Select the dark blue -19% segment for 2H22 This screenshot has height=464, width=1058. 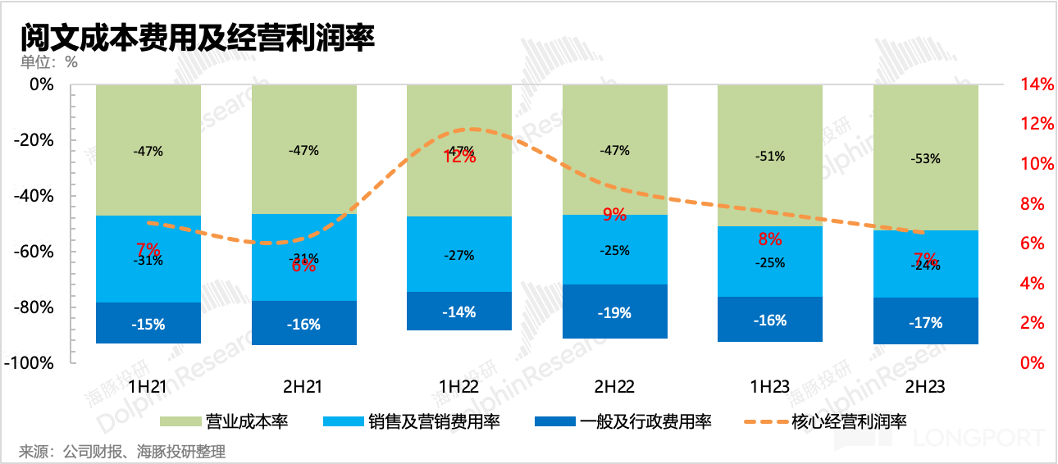coord(614,312)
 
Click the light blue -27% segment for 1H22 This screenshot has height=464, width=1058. coord(459,255)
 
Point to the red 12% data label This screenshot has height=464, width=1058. coord(459,157)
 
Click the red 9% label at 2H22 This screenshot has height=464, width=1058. coord(614,215)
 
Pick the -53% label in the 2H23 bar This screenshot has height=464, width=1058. coord(925,158)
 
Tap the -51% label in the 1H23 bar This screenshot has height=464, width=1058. coord(770,156)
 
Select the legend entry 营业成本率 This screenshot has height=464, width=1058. coord(226,422)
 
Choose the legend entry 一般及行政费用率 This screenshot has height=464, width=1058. coord(622,422)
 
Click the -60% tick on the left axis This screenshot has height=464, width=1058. coord(34,252)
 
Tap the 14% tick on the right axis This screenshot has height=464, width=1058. coord(1036,84)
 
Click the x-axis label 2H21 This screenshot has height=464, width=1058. coord(303,387)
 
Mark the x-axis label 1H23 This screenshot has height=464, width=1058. coord(770,387)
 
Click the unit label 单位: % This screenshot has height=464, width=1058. coord(49,61)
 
